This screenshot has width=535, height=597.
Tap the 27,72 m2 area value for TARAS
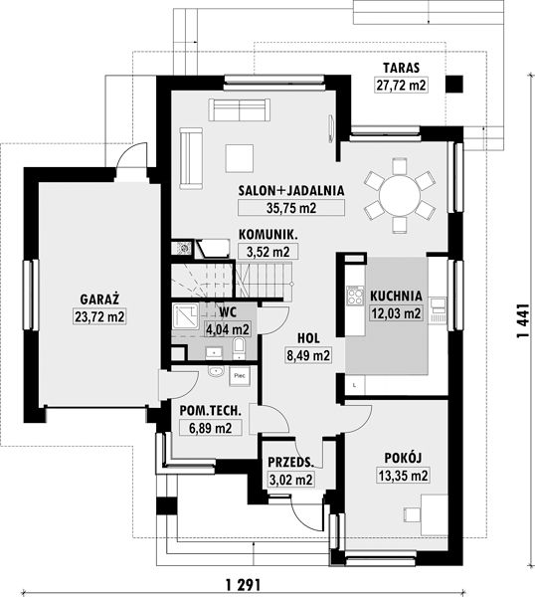tap(401, 85)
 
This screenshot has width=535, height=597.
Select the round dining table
tap(400, 196)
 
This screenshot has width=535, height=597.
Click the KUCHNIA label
tap(396, 296)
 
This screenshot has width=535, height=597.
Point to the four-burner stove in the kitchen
tap(355, 296)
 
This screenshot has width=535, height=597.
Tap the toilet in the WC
tap(239, 348)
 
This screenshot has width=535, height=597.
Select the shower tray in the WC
tap(185, 315)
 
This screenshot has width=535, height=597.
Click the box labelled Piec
tap(240, 376)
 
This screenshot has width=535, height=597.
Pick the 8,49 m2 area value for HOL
tap(308, 355)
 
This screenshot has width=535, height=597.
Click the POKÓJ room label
tap(403, 458)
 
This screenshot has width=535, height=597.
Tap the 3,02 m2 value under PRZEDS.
tap(291, 480)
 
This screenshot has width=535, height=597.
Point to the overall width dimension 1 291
tap(243, 584)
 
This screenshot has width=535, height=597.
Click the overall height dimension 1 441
tap(523, 320)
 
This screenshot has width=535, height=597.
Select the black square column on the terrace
tap(454, 84)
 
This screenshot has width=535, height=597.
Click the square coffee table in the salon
tap(240, 158)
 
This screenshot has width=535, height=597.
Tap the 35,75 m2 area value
tap(291, 208)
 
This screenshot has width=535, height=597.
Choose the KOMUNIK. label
tap(268, 235)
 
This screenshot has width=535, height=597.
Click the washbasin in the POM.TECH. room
tap(217, 371)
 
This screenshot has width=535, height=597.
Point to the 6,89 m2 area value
tap(211, 428)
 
